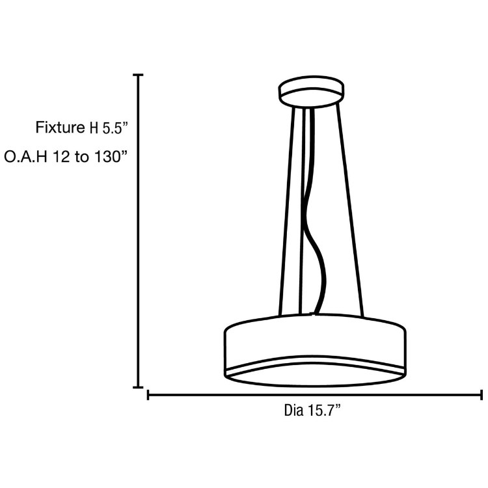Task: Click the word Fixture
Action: (60, 127)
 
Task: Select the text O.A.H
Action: (25, 157)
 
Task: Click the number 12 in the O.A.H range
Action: (61, 157)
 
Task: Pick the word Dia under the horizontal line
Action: (294, 411)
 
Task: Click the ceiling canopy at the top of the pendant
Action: (312, 92)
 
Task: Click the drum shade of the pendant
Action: (315, 342)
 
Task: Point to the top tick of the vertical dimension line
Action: (138, 75)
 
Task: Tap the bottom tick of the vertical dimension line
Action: (138, 387)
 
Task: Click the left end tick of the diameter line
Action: (149, 394)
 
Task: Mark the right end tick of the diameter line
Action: (481, 394)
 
